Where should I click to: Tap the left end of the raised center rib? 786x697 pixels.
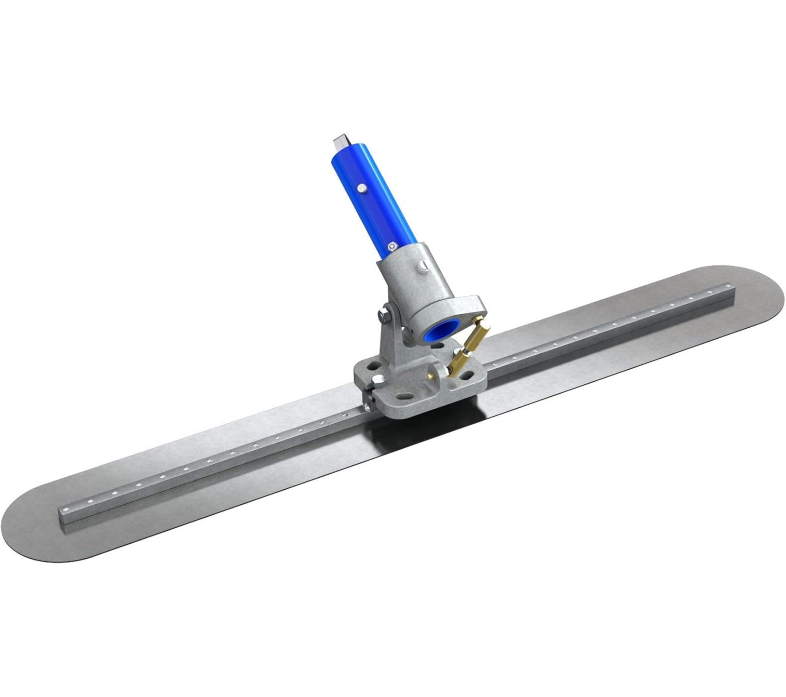[x=64, y=515]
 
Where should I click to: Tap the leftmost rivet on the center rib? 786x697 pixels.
[x=91, y=501]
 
